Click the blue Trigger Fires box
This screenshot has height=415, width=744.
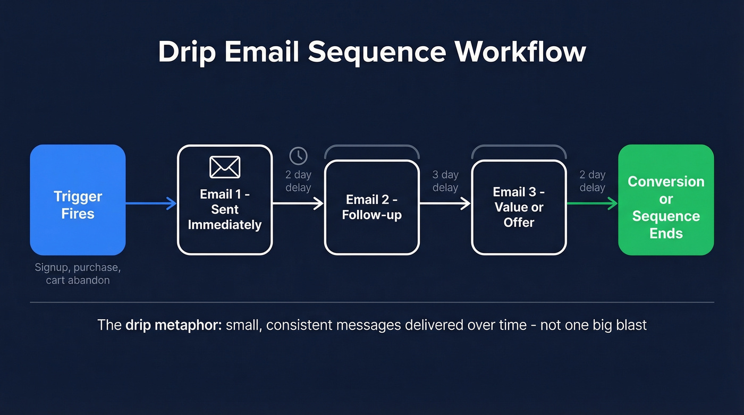coord(78,200)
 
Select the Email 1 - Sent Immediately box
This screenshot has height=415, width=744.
coord(225,200)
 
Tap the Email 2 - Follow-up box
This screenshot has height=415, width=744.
coord(372,207)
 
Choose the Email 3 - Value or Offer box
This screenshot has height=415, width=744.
coord(519,207)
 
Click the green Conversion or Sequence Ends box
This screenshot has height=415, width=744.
coord(666,200)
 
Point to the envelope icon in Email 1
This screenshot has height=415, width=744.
coord(225,167)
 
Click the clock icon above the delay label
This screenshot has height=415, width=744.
coord(298,156)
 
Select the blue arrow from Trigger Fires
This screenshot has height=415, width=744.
coord(151,203)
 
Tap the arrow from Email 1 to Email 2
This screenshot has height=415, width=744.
coord(298,203)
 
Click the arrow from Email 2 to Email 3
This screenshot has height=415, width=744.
coord(445,203)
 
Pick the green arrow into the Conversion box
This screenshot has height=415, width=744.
coord(592,203)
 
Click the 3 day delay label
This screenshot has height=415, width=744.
coord(445,181)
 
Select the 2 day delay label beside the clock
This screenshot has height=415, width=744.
coord(298,181)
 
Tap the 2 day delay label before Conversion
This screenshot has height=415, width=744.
coord(592,181)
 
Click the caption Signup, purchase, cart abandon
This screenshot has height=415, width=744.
coord(78,274)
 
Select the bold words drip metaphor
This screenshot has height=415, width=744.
coord(173,325)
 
